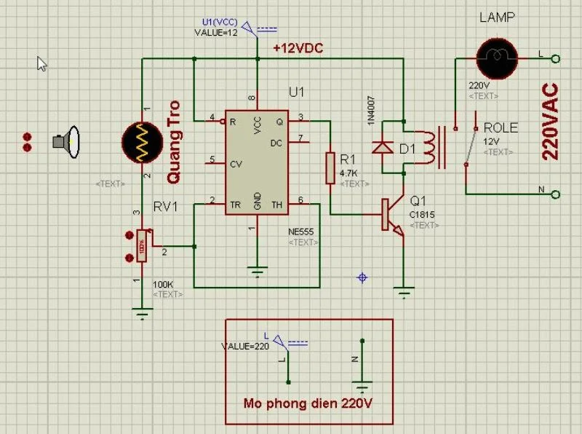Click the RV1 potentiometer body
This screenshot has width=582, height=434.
click(143, 246)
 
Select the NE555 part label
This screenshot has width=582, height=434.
click(301, 232)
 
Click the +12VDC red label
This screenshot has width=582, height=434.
click(298, 48)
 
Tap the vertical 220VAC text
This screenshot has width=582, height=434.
click(551, 122)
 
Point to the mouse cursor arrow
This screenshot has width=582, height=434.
click(41, 64)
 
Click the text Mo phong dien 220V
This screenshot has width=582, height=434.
click(308, 403)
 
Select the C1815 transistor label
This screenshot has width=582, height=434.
click(422, 214)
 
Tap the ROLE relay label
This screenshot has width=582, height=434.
click(501, 128)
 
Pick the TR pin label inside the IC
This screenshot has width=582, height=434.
click(235, 205)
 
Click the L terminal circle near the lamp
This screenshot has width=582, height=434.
click(556, 58)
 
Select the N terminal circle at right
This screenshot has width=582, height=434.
click(556, 194)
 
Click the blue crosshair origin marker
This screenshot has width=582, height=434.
click(362, 277)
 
